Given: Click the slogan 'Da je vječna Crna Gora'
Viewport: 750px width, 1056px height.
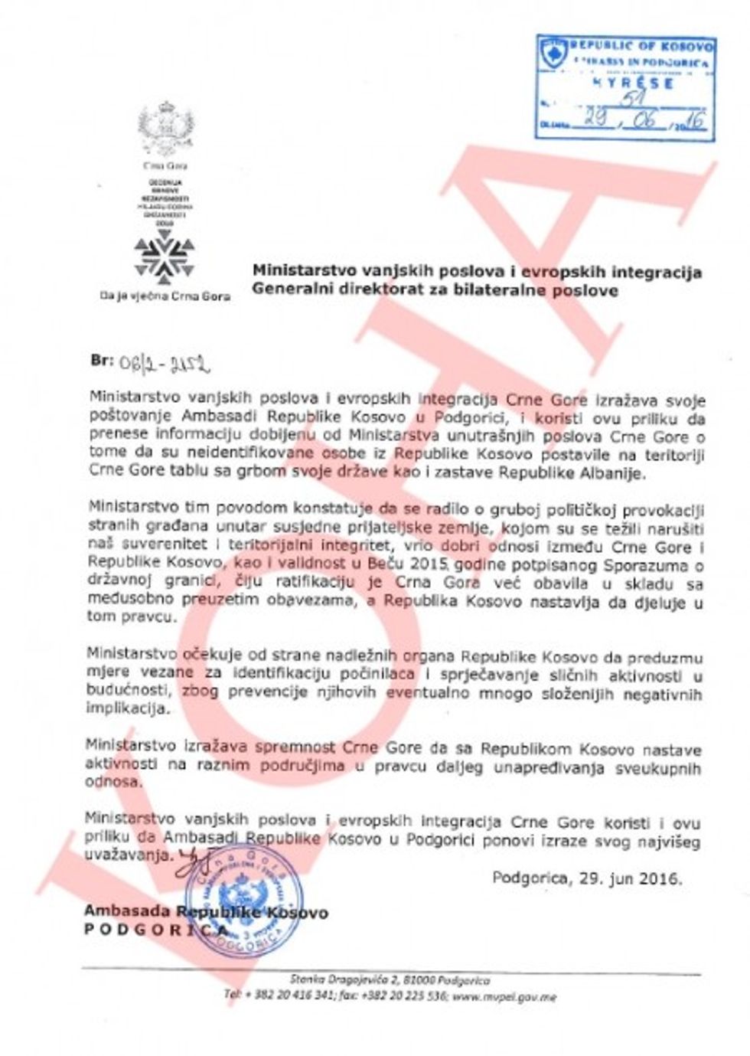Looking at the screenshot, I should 165,296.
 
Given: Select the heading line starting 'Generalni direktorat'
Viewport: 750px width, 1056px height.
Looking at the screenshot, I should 435,290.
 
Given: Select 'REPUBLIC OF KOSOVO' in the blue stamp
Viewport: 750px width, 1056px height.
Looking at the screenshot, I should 641,47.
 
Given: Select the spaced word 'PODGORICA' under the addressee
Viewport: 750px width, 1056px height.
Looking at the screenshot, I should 156,930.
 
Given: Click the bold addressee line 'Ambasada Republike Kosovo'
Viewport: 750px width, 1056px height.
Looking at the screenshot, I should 206,912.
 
